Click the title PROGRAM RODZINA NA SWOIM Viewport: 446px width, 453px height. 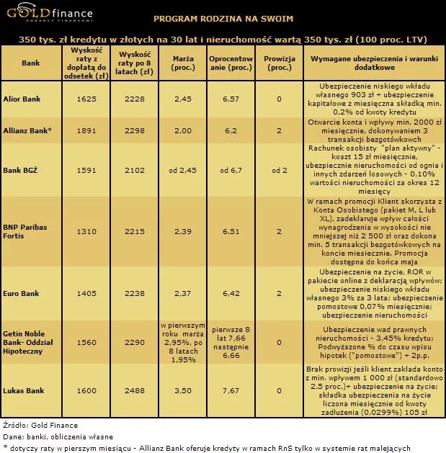(x=223, y=17)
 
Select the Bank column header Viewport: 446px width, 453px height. (x=31, y=63)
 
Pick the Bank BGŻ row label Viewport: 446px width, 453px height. (x=19, y=170)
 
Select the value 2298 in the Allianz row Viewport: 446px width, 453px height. (x=135, y=131)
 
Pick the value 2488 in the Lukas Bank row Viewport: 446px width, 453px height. (x=135, y=390)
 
